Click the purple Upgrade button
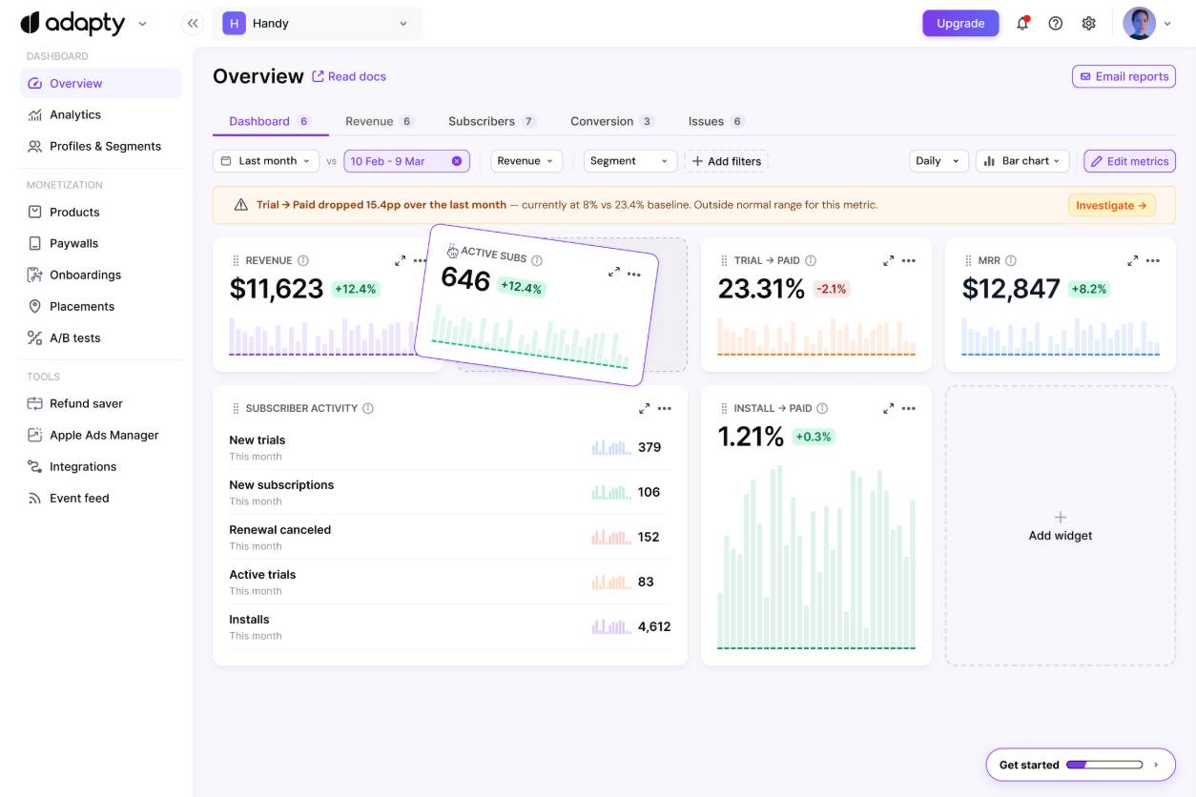[959, 23]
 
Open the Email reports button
[1124, 76]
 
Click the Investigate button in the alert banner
[1111, 205]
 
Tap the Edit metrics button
[1129, 161]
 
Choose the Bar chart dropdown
[1021, 161]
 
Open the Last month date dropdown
[265, 161]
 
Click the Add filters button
[726, 161]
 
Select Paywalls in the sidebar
[73, 243]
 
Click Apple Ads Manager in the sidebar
[104, 435]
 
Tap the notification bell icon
[1022, 23]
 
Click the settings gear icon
[1088, 23]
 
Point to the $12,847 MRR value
[1010, 289]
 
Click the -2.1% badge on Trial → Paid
[831, 289]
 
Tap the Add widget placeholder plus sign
[1060, 517]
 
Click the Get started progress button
[1080, 765]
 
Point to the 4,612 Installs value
[653, 626]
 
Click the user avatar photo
[1139, 23]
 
